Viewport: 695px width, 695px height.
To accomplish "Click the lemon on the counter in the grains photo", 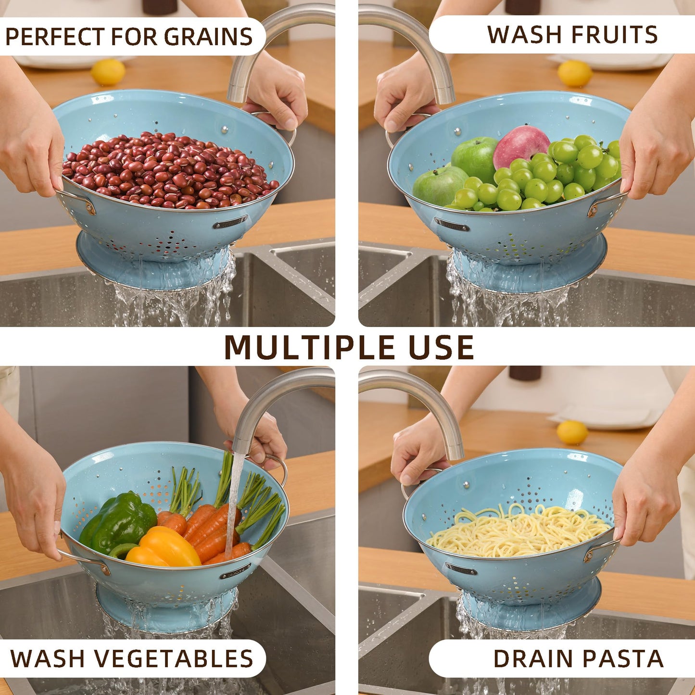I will pyautogui.click(x=108, y=72).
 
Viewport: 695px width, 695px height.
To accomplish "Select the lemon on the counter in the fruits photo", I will pyautogui.click(x=575, y=73).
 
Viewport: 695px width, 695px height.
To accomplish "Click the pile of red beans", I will pyautogui.click(x=168, y=171).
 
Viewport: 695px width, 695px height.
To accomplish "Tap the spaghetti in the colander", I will pyautogui.click(x=517, y=531).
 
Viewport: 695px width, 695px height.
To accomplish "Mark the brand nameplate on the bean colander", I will pyautogui.click(x=230, y=222).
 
